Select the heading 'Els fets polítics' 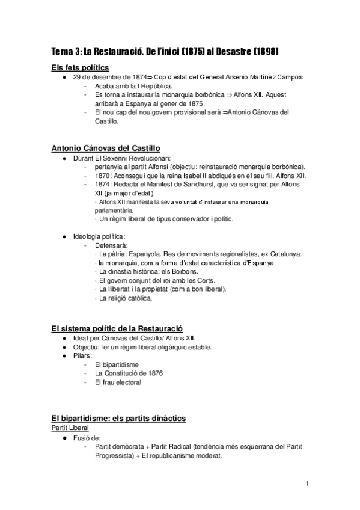coord(81,67)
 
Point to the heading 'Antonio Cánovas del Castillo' coord(106,148)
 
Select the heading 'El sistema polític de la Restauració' coord(117,328)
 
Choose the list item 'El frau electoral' coord(118,382)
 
